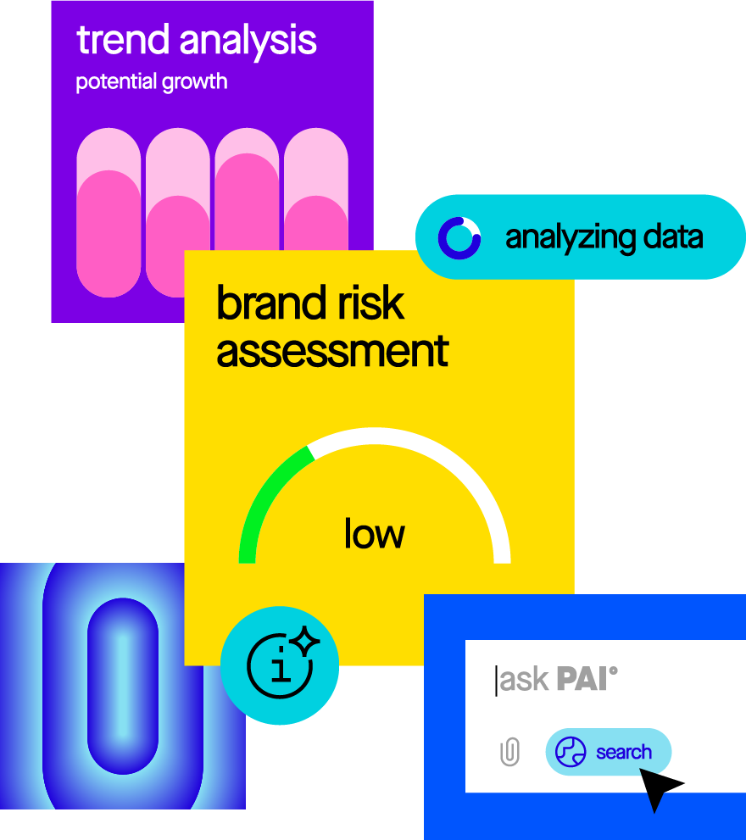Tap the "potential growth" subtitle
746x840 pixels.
pos(152,82)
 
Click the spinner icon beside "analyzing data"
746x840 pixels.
pos(459,237)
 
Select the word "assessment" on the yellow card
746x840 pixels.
pos(332,350)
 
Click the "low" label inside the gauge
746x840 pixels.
pos(374,534)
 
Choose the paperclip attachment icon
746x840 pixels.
pos(509,752)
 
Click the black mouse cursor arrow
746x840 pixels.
pos(658,787)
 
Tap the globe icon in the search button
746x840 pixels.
pos(571,752)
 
